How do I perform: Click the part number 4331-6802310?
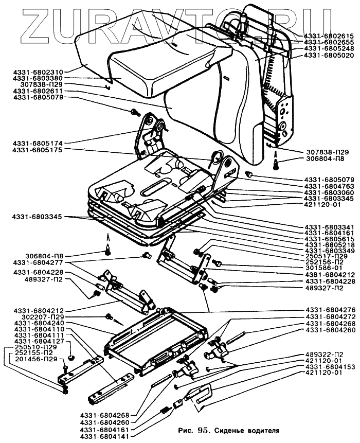(38, 72)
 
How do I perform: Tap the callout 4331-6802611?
(38, 91)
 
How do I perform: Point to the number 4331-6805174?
(38, 143)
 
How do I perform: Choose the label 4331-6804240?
(38, 323)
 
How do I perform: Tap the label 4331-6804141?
(105, 436)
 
